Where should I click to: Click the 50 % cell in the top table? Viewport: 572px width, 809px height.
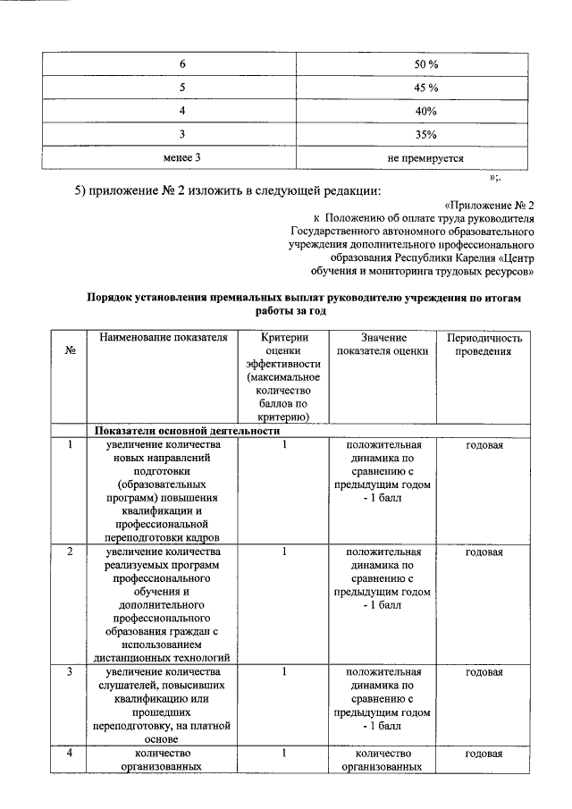[425, 64]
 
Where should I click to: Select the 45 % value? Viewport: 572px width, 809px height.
[425, 88]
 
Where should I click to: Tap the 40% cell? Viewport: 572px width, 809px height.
[425, 111]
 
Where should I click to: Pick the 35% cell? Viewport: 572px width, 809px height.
[425, 135]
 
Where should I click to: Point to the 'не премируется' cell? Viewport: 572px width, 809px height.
[425, 158]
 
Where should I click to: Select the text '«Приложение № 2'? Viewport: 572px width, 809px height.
[489, 205]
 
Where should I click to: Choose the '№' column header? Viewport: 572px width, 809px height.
[70, 351]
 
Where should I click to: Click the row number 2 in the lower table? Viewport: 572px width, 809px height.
[70, 552]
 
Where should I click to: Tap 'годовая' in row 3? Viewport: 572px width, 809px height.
[484, 671]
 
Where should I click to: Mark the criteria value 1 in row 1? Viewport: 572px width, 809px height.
[283, 444]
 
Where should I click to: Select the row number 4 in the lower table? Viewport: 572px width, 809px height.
[70, 754]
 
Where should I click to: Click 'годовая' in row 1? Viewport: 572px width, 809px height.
[484, 444]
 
